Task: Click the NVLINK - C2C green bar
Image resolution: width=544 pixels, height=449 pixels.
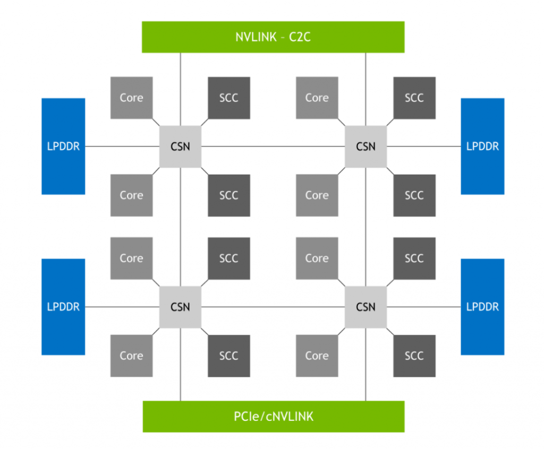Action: [x=273, y=37]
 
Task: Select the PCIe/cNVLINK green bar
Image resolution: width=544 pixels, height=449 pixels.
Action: [x=273, y=416]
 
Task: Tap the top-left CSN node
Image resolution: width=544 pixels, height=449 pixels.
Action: [x=181, y=146]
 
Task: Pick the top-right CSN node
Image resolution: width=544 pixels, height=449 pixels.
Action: [x=365, y=146]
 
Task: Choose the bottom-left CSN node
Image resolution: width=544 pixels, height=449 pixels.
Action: [x=181, y=307]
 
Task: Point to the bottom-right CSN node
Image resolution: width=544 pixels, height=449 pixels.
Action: [x=365, y=307]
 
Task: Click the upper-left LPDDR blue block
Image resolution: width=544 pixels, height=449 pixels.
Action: [x=63, y=146]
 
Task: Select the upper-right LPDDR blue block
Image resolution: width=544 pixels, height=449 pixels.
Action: [x=482, y=146]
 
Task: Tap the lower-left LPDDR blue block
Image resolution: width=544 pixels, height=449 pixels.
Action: [x=63, y=307]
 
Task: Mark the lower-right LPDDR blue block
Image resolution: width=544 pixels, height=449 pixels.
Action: [x=482, y=307]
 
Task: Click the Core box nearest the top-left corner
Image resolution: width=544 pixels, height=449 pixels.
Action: [x=131, y=98]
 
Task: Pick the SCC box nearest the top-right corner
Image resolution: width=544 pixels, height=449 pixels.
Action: [x=414, y=98]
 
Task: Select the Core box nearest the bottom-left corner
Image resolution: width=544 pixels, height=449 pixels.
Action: [x=131, y=356]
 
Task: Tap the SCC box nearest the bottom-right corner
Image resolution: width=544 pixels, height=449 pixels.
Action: [x=414, y=356]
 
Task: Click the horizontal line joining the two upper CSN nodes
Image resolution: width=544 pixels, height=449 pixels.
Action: [x=273, y=146]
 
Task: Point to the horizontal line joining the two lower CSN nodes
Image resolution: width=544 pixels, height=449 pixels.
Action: [x=273, y=307]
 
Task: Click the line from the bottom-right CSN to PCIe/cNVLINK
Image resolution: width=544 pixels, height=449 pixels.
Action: [x=365, y=366]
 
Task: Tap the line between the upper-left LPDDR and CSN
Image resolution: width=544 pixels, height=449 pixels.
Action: [x=122, y=146]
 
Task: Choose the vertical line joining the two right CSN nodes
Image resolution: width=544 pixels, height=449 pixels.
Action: [x=365, y=226]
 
